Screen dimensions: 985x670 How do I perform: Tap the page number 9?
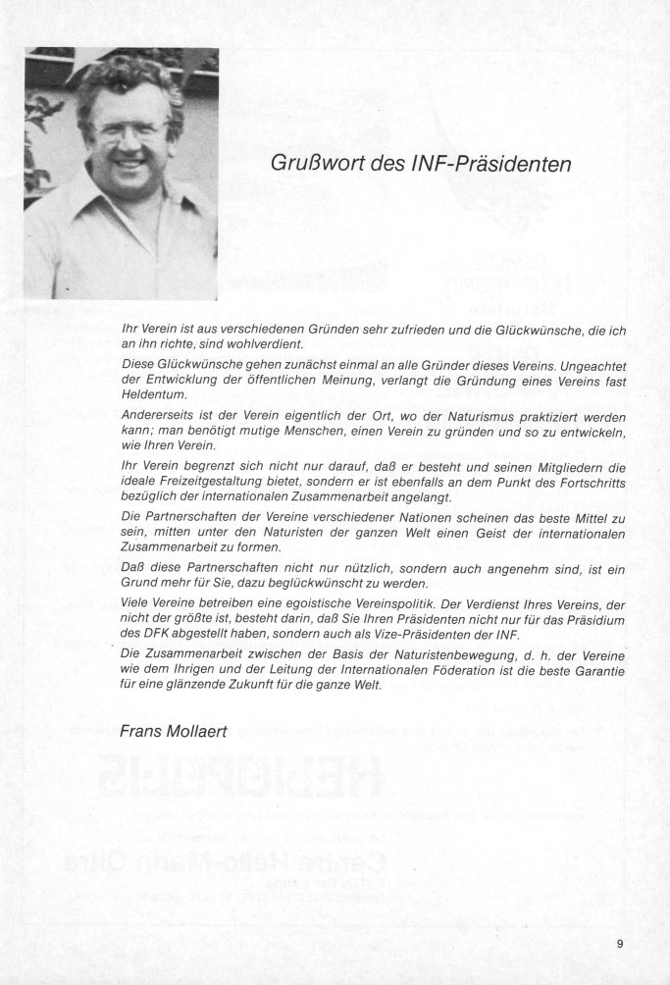click(620, 944)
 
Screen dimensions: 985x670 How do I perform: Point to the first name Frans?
click(139, 731)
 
